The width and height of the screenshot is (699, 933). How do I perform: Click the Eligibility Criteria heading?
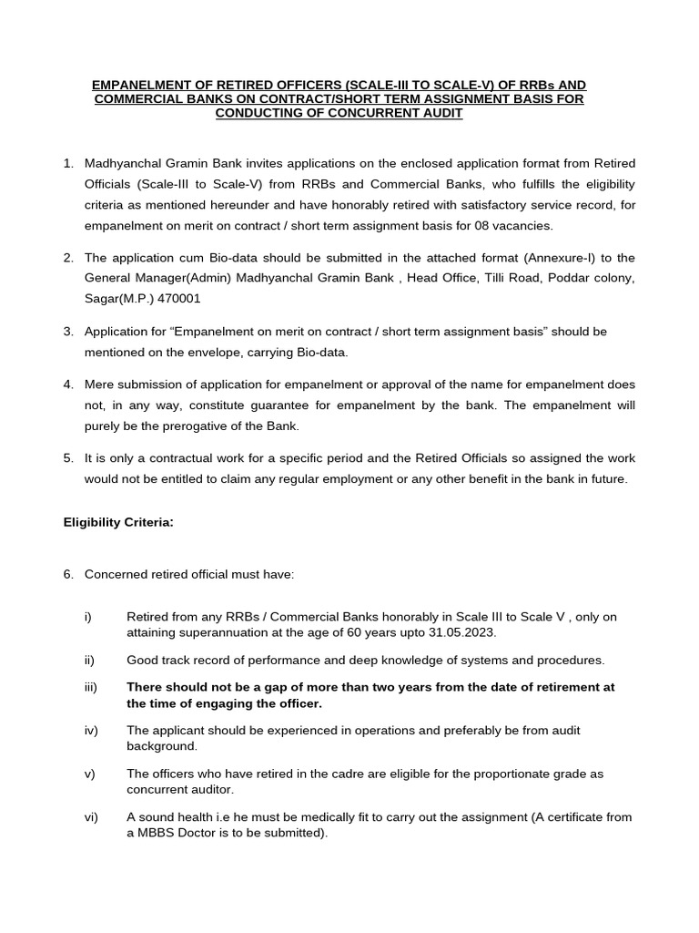[117, 522]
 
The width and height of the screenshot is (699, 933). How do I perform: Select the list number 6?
[68, 574]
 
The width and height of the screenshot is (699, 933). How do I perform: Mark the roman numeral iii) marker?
[90, 687]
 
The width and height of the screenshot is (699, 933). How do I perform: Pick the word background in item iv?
[162, 745]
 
